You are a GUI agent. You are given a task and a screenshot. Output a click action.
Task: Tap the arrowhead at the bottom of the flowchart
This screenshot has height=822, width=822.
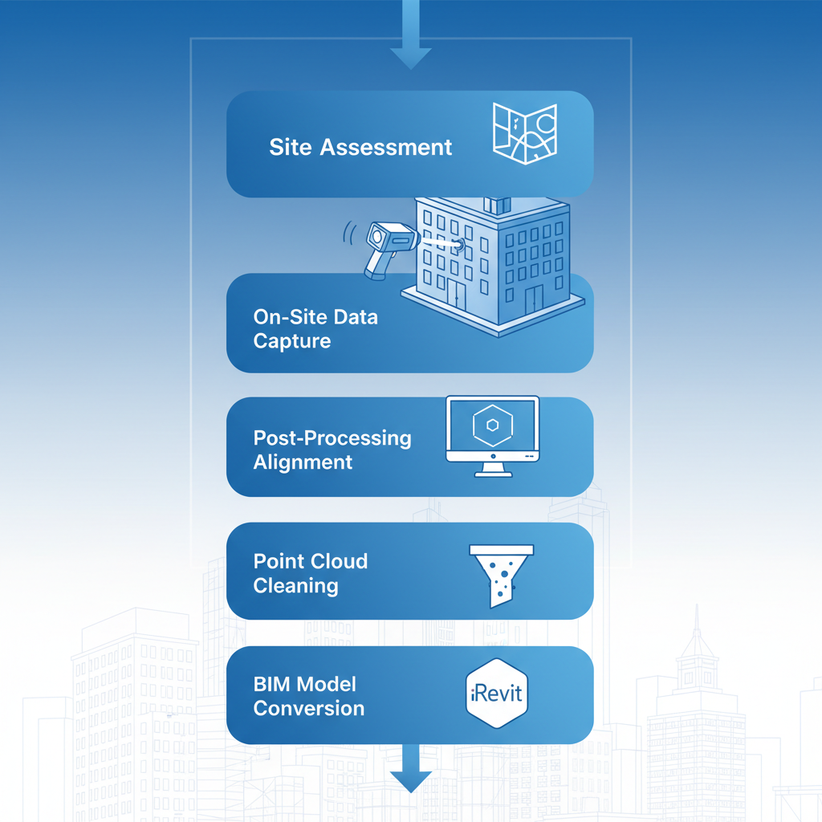411,781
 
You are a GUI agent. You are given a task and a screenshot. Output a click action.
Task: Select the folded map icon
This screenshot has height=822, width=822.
524,134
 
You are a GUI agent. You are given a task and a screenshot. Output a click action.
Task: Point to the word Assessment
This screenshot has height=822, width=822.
386,148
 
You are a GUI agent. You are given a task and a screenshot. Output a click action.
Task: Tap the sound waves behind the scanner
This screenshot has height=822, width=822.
349,234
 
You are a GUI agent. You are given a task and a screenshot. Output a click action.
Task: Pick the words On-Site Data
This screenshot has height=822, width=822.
315,317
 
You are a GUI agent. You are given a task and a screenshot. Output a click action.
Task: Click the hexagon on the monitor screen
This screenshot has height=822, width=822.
492,427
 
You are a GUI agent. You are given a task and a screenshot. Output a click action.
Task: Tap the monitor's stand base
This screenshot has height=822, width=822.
492,473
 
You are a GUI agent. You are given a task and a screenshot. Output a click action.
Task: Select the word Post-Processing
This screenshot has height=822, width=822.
332,438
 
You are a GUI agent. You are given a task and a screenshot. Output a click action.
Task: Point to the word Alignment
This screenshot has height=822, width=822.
303,462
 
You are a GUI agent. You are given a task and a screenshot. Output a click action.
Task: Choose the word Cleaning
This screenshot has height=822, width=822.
295,586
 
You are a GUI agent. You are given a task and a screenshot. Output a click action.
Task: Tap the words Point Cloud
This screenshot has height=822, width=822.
311,561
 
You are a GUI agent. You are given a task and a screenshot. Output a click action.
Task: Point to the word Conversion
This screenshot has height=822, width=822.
309,709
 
